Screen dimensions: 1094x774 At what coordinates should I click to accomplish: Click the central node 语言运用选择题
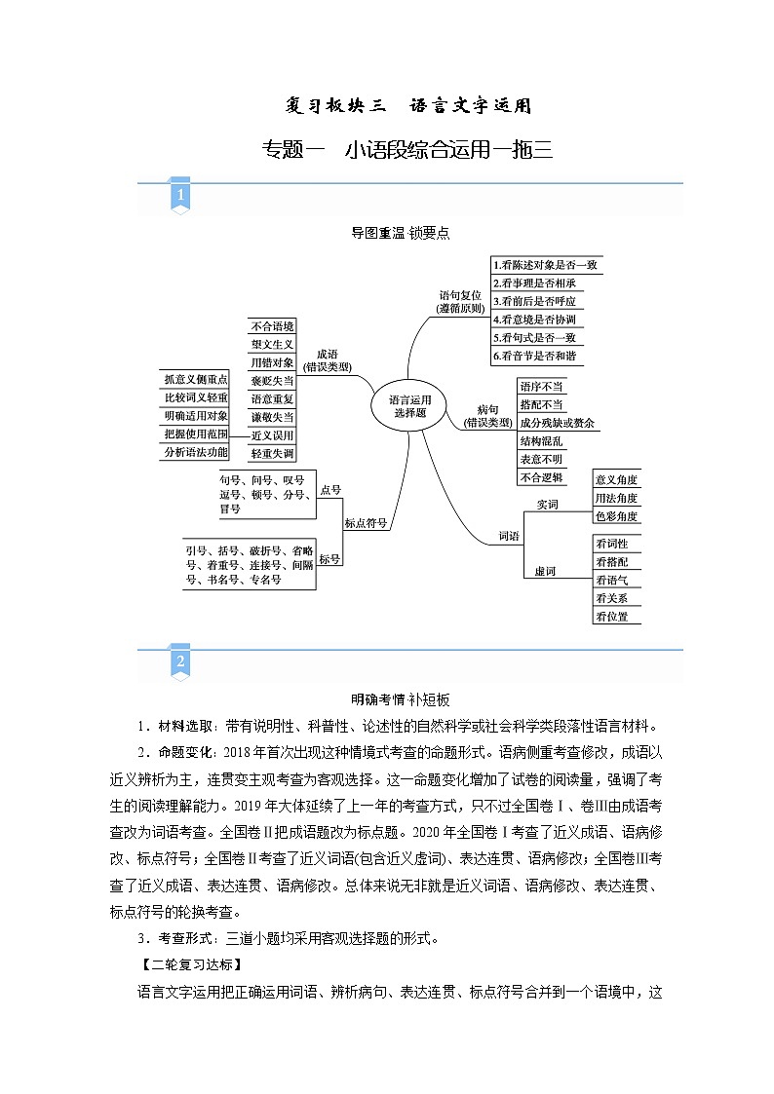409,405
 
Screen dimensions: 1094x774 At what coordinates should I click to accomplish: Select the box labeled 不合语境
272,326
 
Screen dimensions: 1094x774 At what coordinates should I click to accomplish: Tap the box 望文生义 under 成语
272,345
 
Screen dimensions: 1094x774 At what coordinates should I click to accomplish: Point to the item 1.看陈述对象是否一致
546,265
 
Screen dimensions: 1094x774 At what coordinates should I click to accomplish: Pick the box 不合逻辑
542,477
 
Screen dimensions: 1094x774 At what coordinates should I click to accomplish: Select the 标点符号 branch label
366,523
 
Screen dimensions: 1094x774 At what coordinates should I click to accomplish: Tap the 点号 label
330,491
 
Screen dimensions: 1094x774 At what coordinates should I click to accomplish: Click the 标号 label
330,558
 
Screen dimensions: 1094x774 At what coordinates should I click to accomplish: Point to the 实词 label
547,505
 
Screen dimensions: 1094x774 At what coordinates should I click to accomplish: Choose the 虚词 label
545,571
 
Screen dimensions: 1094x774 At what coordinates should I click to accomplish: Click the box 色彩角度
617,516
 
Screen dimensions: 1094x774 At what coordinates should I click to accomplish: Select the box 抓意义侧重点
195,379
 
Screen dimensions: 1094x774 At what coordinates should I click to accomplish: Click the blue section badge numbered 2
180,662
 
